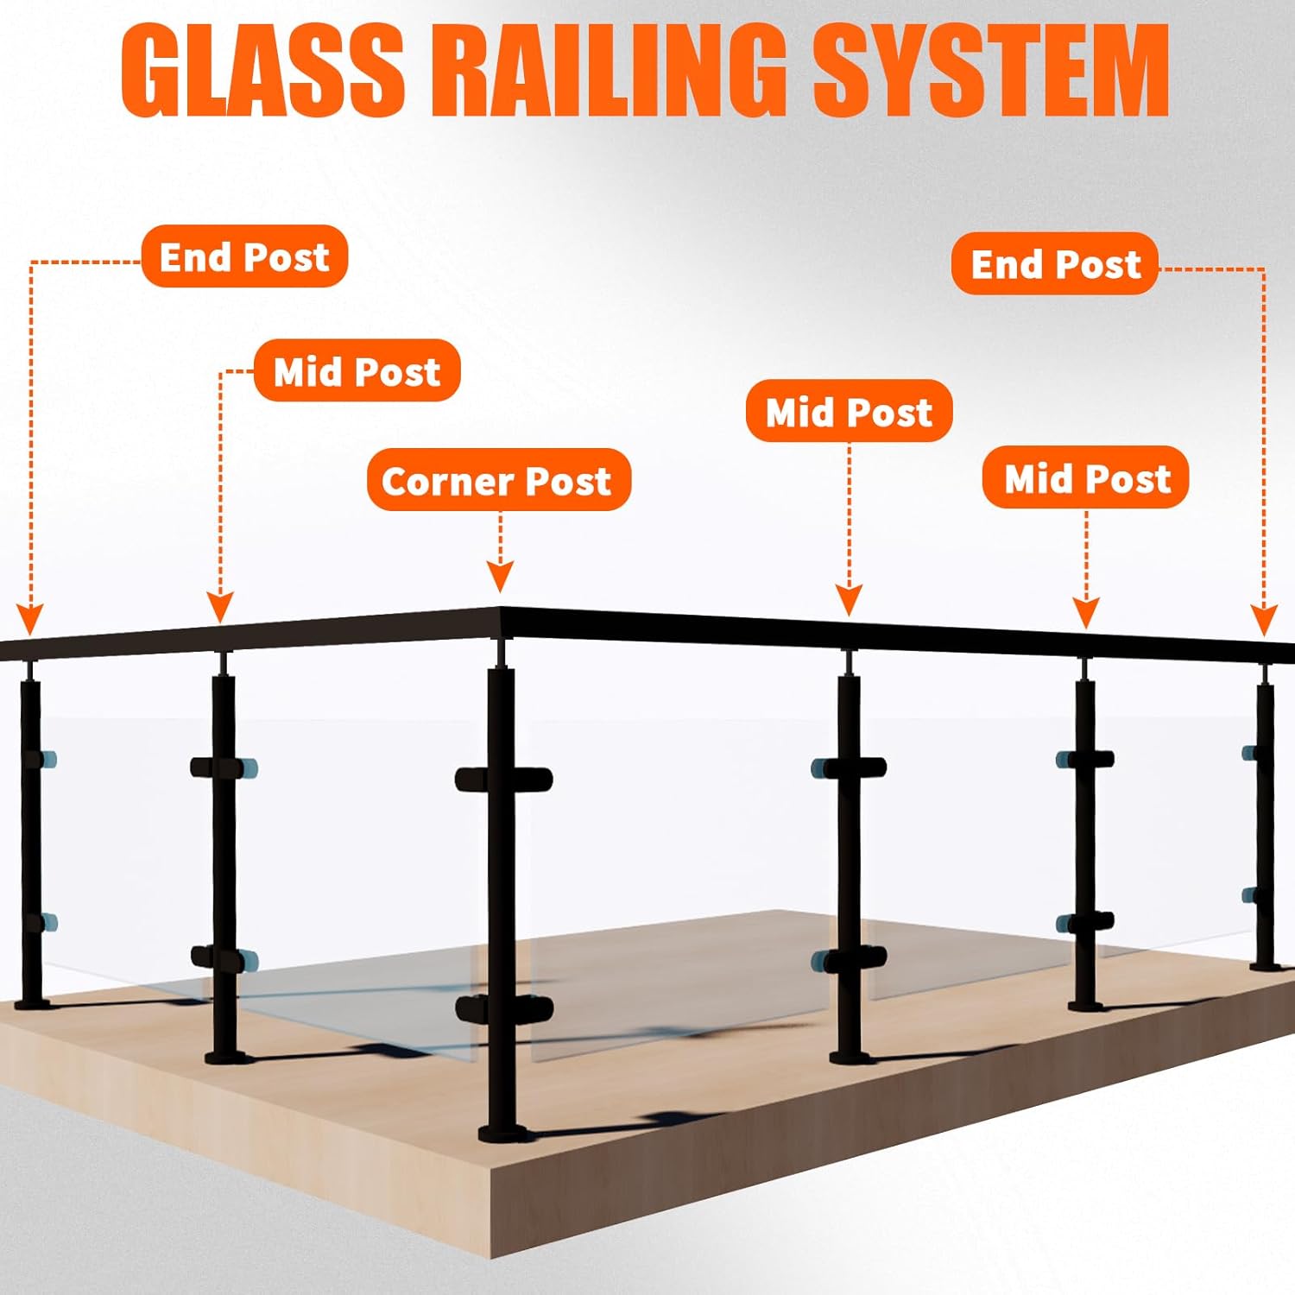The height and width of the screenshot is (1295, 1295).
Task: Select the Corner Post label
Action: (x=498, y=480)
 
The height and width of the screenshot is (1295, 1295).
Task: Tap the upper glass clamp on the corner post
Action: (x=503, y=779)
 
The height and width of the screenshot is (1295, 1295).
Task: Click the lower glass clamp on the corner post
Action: (x=503, y=1008)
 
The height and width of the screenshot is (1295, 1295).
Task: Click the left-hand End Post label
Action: (x=244, y=256)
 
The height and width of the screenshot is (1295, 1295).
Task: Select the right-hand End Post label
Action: (x=1055, y=263)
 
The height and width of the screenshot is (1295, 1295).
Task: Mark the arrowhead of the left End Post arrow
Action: (x=30, y=618)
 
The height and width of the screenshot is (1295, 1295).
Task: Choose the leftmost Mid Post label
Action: (x=357, y=371)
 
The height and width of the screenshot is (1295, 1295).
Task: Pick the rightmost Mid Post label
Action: (x=1086, y=477)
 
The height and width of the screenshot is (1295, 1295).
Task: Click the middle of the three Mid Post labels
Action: (x=849, y=411)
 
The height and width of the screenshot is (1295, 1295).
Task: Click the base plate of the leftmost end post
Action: (x=32, y=1003)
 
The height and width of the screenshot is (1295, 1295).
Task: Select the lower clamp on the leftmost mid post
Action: (x=224, y=958)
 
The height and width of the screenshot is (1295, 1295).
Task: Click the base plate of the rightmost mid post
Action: (x=1085, y=1004)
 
